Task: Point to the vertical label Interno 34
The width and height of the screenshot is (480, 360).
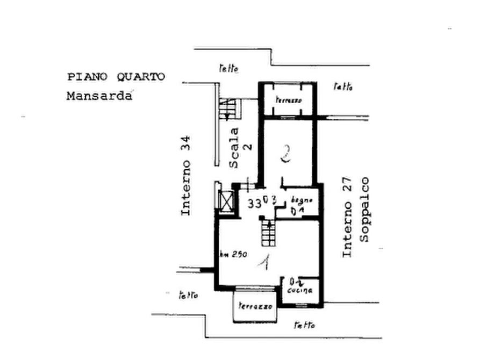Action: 185,175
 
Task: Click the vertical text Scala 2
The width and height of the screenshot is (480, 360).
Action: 234,150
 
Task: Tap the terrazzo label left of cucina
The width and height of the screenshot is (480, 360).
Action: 255,306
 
